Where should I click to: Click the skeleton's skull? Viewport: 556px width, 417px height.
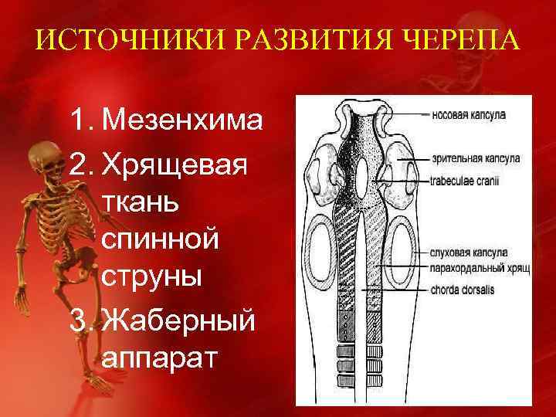(x=42, y=155)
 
